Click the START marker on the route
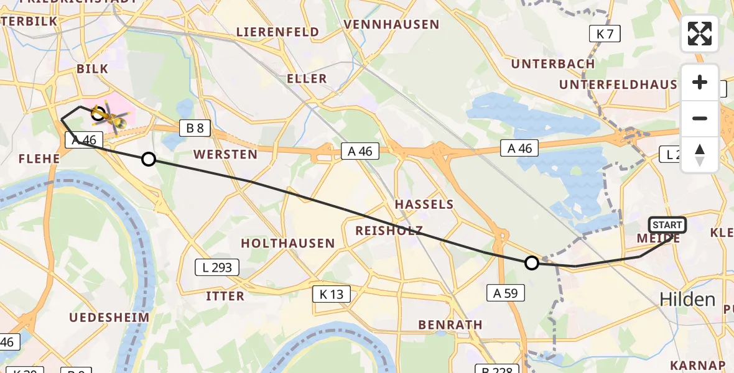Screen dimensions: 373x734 [x=667, y=225]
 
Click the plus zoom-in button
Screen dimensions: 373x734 [x=700, y=83]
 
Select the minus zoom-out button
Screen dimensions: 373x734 [x=700, y=118]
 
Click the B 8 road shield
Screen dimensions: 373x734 [x=195, y=129]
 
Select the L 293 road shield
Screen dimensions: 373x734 [x=217, y=268]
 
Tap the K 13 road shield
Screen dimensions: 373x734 [x=332, y=294]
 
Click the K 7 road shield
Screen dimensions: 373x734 [x=605, y=34]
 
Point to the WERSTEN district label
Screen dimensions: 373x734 [x=225, y=154]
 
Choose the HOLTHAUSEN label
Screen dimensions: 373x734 [x=288, y=243]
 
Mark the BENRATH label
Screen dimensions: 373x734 [x=450, y=325]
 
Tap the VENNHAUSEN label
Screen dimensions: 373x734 [x=391, y=25]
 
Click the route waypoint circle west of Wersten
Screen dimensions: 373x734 [x=149, y=159]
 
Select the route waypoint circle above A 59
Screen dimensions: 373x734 [x=531, y=263]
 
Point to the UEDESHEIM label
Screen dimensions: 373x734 [x=109, y=318]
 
